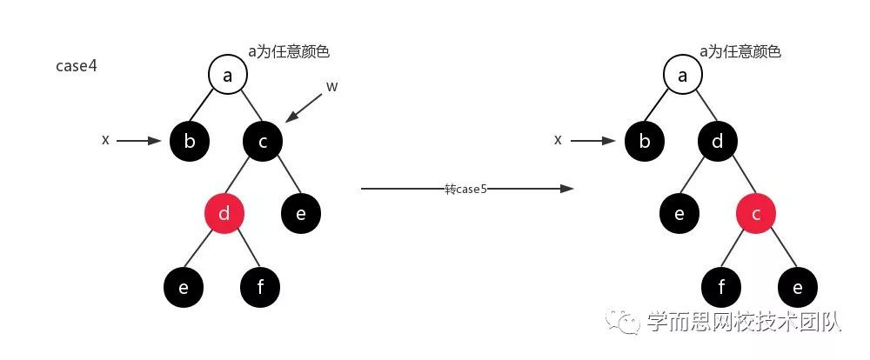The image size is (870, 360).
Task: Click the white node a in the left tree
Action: [x=228, y=76]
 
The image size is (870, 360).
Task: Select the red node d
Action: [x=224, y=213]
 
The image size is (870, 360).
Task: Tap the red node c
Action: [x=756, y=213]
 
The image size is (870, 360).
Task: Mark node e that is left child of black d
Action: [x=681, y=213]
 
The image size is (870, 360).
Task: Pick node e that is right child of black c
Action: [x=301, y=213]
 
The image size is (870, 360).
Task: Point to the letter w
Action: [x=331, y=86]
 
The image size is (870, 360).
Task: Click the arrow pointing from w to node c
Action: [x=304, y=107]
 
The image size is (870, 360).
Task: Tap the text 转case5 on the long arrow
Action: [x=465, y=188]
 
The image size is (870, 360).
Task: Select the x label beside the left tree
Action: [x=105, y=139]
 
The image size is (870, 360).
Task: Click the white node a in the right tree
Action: [x=683, y=76]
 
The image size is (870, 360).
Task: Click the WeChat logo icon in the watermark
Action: [x=625, y=323]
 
